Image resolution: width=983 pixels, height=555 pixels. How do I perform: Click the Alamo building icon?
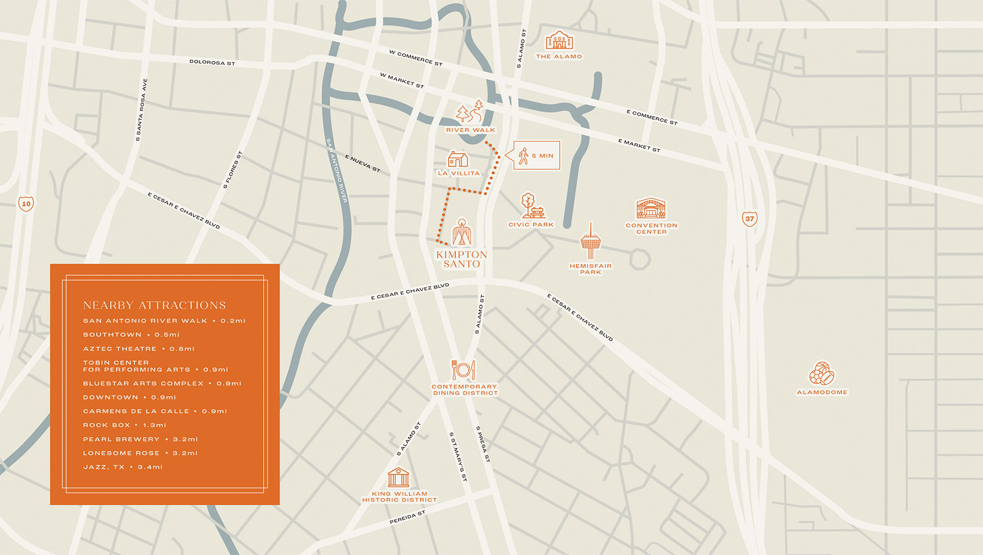(559, 40)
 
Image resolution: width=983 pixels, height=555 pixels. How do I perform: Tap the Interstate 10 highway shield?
(26, 203)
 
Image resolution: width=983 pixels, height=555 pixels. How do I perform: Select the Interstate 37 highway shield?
(749, 219)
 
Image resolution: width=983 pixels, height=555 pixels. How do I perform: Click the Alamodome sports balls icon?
(822, 374)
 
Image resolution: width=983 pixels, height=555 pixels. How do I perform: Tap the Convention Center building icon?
(651, 209)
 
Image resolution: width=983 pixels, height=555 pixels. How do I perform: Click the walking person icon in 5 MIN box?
(524, 156)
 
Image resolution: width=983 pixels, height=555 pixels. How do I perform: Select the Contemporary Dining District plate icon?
(464, 370)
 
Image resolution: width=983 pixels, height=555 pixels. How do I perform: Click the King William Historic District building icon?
(398, 478)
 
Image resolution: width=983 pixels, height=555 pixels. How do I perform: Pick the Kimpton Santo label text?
(461, 259)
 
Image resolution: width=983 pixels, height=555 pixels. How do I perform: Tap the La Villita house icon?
(458, 159)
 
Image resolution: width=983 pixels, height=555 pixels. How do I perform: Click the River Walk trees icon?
(470, 112)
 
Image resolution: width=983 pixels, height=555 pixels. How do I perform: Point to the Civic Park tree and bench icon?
(531, 206)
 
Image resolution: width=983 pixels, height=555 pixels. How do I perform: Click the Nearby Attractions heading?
(154, 305)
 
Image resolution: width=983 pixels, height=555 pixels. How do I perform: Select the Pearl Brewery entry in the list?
(140, 439)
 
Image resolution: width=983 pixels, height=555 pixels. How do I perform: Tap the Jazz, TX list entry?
(123, 467)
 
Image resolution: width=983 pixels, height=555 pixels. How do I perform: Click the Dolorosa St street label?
(212, 62)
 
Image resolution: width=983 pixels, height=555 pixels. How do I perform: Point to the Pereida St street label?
(407, 517)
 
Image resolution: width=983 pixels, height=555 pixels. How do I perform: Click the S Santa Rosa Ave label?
(142, 110)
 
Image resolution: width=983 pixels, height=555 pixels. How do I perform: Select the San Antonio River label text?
(337, 170)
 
